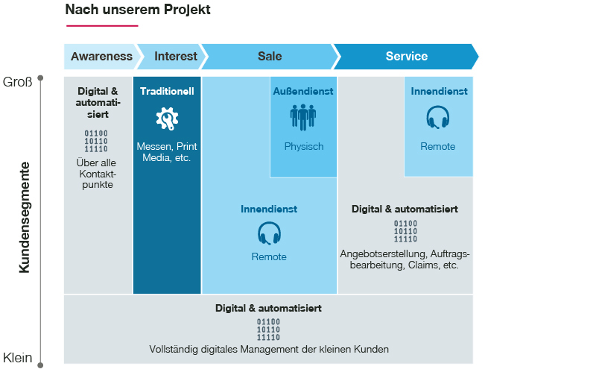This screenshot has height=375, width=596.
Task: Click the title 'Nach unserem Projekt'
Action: point(137,10)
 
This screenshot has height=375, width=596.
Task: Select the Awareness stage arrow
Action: point(101,56)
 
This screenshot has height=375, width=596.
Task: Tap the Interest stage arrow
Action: point(176,56)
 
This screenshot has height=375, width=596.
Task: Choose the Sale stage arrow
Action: point(270,56)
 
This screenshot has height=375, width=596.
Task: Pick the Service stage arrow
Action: point(406,56)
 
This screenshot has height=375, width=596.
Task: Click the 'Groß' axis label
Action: point(18,82)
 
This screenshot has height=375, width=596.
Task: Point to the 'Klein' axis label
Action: point(18,358)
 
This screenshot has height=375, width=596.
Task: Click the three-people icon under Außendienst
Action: point(303,117)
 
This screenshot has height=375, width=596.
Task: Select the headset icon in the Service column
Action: point(438,119)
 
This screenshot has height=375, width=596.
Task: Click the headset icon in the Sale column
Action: point(269,234)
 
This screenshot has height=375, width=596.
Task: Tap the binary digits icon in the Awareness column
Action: point(95,141)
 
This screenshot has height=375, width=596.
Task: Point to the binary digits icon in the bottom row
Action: point(268,329)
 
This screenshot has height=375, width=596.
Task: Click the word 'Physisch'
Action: point(304,146)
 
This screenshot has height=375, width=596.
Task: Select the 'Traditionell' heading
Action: point(167,91)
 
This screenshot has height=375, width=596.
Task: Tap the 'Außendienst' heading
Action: point(303,91)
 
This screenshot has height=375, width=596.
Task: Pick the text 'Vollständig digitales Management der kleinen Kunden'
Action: point(269,349)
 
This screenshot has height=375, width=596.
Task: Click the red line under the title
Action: point(102,26)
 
